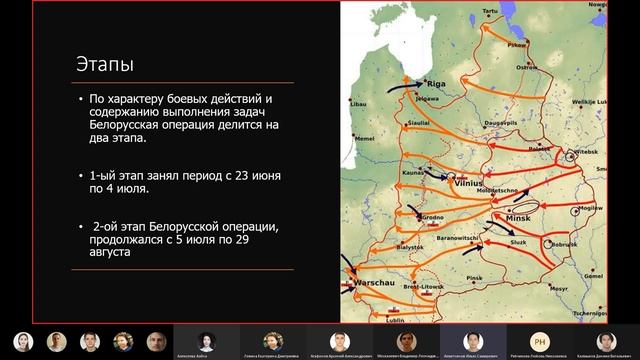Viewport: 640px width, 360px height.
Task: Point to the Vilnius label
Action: (469, 184)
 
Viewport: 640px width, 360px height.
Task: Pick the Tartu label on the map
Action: (490, 10)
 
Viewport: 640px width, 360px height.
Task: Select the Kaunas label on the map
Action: (416, 173)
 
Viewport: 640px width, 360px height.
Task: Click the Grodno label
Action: (431, 216)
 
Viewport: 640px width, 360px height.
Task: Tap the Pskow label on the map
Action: (516, 45)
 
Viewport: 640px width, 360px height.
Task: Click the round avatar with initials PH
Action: (540, 341)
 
